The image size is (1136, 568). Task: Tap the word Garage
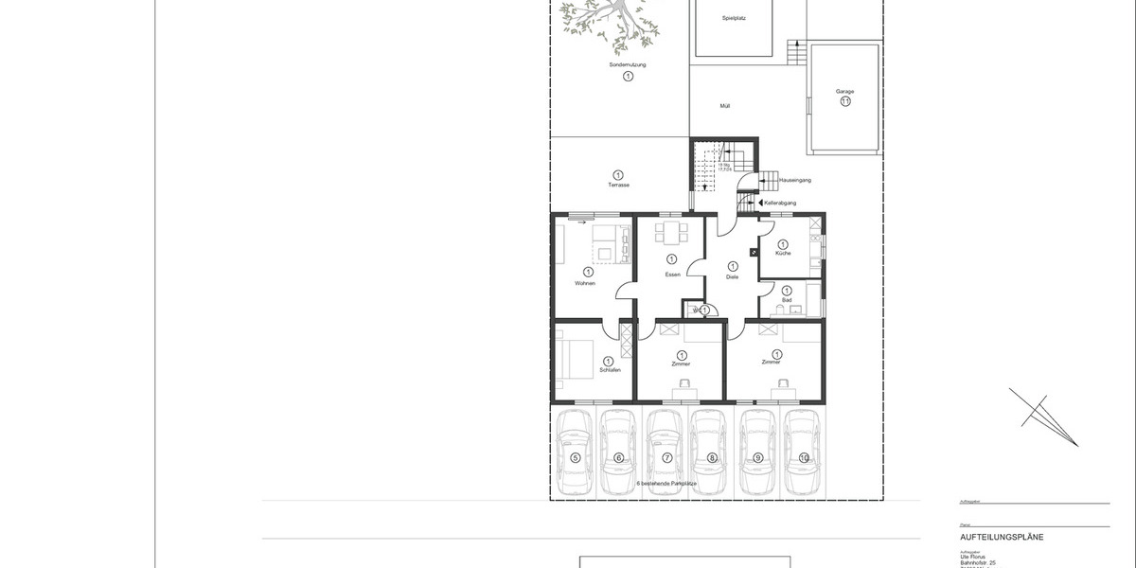pos(844,92)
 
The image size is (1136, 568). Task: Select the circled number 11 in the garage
pos(844,101)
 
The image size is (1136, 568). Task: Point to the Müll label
pos(725,106)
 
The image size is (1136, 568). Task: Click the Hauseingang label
pos(795,179)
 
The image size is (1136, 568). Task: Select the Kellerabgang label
pos(783,203)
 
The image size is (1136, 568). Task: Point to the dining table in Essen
pos(671,233)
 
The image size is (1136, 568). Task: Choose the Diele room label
pos(732,276)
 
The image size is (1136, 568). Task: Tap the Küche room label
pos(783,254)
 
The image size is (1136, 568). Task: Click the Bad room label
pos(786,300)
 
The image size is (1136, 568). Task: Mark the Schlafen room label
pos(610,370)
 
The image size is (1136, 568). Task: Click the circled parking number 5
pos(575,458)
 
